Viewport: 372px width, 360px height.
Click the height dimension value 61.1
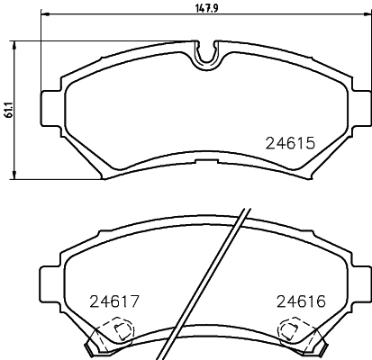point(8,110)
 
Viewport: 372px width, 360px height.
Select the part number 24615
point(289,142)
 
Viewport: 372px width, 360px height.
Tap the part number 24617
point(112,302)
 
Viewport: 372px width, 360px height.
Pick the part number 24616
point(301,302)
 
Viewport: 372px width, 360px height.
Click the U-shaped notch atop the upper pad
point(207,53)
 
